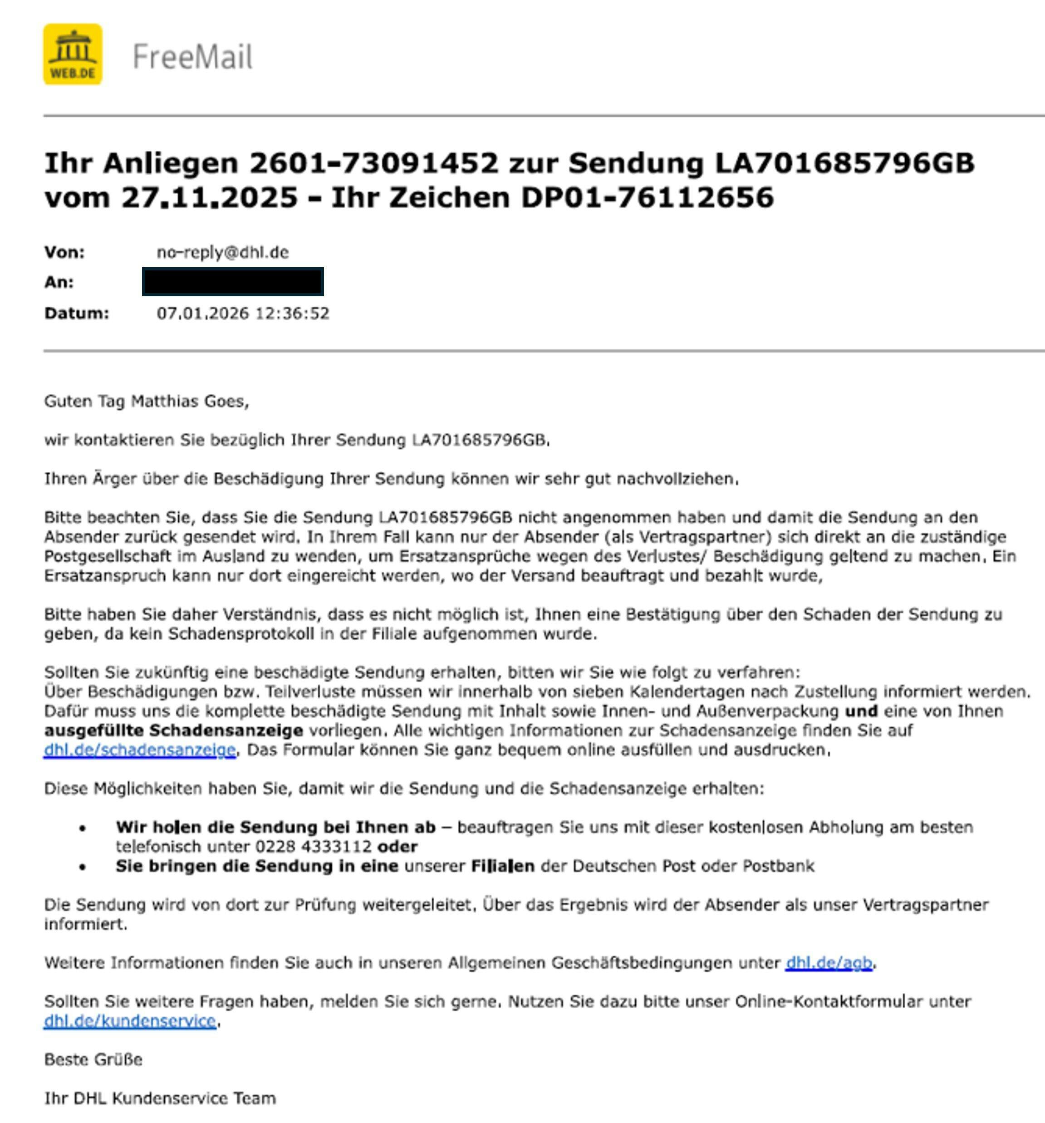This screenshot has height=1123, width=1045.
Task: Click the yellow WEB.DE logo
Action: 73,54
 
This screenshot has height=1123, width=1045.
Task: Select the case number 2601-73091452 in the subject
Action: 374,163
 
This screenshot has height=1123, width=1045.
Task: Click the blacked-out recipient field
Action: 233,282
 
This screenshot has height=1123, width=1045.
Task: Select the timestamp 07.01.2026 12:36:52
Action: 243,313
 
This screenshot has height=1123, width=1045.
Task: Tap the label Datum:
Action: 76,313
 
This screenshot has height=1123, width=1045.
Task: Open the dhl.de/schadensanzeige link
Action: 139,750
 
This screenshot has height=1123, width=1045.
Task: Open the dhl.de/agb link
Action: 829,962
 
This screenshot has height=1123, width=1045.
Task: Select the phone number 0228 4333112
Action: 314,846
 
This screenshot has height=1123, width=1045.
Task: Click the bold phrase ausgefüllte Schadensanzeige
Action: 173,731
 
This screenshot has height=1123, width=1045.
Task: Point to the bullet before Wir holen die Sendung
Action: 83,828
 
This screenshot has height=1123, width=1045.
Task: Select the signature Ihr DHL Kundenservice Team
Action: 160,1098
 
